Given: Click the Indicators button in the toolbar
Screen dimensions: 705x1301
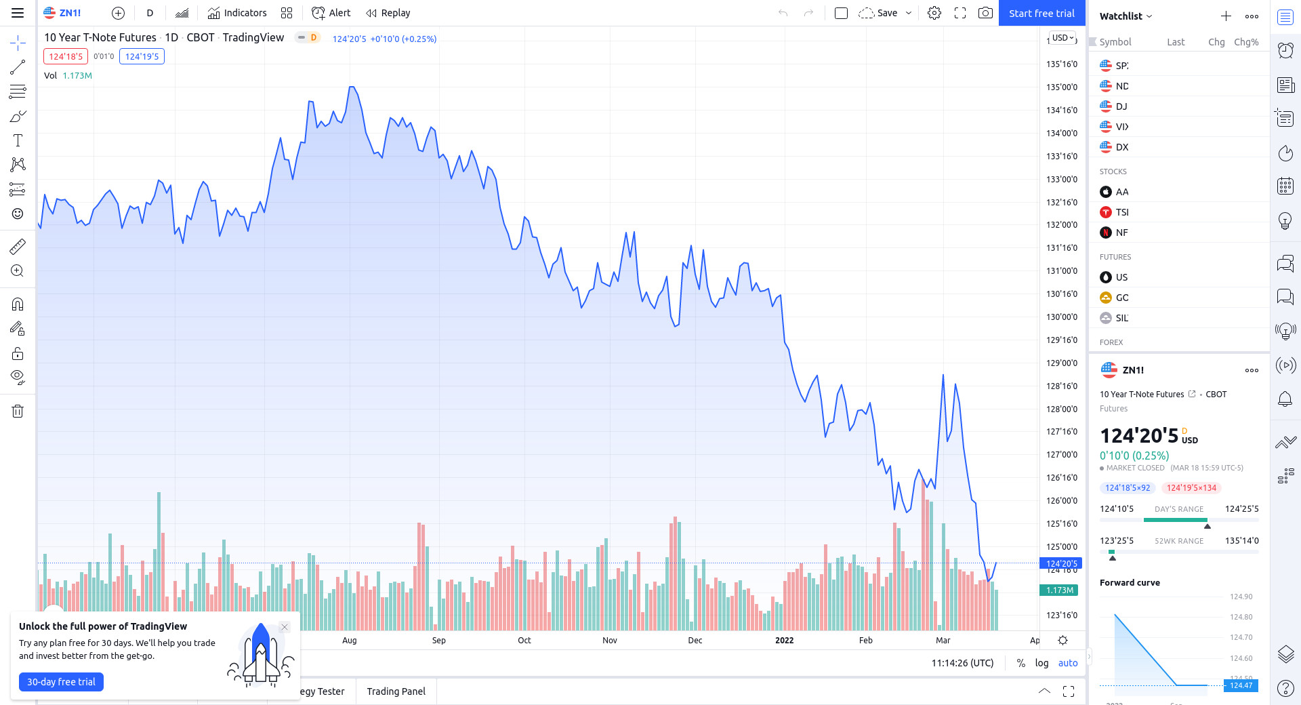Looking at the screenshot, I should click(237, 13).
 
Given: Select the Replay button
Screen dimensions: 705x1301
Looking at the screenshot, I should click(388, 13).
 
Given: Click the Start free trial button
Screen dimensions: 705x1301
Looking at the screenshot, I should click(1041, 13).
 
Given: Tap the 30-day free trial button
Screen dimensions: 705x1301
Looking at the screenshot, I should click(61, 682).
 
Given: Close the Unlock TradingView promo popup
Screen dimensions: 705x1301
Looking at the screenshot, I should click(285, 627).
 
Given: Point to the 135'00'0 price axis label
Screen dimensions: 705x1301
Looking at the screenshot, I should click(1061, 87).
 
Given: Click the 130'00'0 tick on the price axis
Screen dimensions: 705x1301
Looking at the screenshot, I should click(1061, 317).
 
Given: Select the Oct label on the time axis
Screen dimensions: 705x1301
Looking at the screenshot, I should click(524, 641).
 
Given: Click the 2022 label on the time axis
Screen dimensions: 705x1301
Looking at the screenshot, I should click(784, 641).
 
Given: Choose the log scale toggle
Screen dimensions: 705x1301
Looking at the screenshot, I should click(1041, 663).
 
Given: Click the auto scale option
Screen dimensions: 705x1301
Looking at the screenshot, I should click(1068, 663).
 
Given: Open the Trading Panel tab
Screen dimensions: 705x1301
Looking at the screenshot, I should click(396, 691).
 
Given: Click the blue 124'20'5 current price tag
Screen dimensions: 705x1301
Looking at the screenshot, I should click(1060, 563).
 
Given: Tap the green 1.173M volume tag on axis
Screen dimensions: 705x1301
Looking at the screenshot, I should click(1059, 590).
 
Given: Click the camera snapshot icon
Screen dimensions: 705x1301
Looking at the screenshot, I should click(985, 13).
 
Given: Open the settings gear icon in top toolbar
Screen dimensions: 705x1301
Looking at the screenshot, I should click(934, 13).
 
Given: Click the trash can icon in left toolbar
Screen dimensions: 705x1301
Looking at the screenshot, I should click(18, 411).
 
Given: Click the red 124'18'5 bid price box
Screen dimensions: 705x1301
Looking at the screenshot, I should click(66, 56).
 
